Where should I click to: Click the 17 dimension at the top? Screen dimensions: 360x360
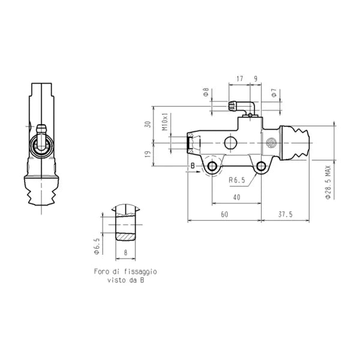tap(239, 78)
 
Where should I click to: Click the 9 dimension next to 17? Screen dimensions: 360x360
tap(256, 78)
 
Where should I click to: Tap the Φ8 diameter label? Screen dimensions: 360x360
tap(206, 93)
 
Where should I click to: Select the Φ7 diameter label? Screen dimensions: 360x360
tap(274, 93)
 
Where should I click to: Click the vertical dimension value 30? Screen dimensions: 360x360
tap(148, 125)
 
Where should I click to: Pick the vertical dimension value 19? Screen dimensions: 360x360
tap(148, 154)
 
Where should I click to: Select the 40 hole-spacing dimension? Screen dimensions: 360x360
tap(236, 197)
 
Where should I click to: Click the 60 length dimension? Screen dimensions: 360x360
tap(224, 214)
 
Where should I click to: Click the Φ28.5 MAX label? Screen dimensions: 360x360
tap(328, 180)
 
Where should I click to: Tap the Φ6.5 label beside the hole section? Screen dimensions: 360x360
tap(97, 246)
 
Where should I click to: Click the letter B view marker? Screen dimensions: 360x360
tap(192, 166)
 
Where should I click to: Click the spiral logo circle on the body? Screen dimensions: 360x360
tap(270, 143)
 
